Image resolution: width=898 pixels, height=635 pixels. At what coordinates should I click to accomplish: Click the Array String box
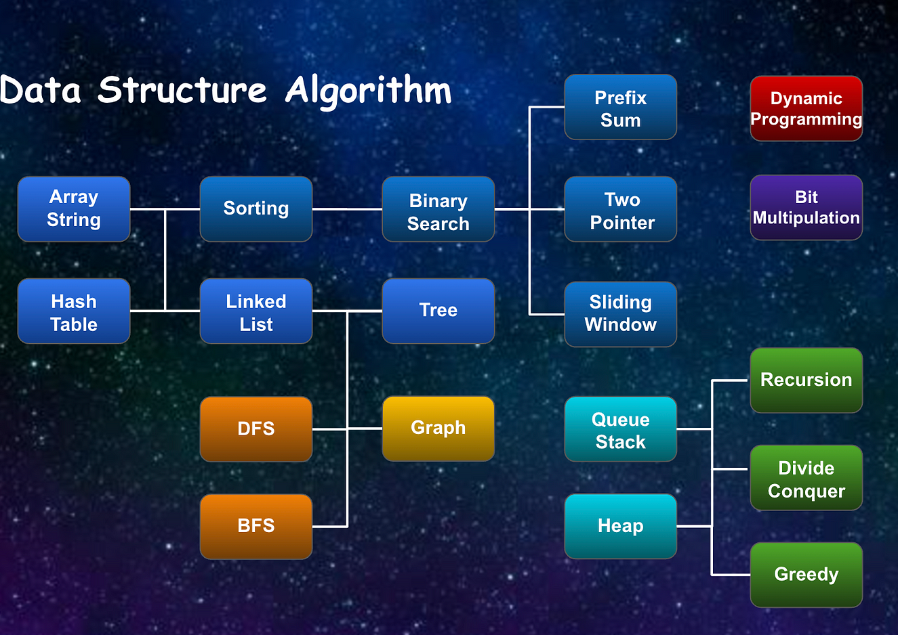click(x=74, y=209)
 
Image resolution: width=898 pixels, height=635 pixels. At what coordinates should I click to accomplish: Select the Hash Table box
click(x=74, y=311)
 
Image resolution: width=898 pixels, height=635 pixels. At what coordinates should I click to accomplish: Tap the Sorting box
click(x=256, y=209)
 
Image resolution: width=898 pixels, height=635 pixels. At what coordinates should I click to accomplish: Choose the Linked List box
click(x=256, y=311)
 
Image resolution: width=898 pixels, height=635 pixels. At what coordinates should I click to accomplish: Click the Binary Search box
click(x=438, y=209)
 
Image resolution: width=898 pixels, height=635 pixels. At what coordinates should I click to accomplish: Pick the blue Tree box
click(x=438, y=311)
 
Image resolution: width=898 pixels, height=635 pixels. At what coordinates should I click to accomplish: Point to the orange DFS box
click(x=256, y=429)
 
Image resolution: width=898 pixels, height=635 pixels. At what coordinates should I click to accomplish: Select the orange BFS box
click(x=256, y=526)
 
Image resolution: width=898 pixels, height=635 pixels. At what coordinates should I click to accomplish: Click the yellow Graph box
click(x=438, y=429)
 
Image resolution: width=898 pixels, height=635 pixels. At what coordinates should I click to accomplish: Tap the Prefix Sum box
click(x=621, y=108)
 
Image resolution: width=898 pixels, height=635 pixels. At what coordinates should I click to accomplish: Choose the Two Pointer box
click(x=621, y=209)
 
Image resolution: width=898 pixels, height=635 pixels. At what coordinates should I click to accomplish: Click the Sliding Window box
click(x=621, y=314)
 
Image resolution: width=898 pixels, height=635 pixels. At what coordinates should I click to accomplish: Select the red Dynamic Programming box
click(x=806, y=108)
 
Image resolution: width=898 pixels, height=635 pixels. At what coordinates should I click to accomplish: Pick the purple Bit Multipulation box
click(x=806, y=208)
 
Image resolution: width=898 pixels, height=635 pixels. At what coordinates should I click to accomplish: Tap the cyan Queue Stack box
click(x=621, y=429)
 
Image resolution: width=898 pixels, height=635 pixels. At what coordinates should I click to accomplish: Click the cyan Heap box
click(x=621, y=526)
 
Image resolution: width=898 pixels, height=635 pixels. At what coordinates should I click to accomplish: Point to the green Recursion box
click(x=806, y=380)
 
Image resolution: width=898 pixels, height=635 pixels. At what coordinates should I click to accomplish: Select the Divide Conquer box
click(x=806, y=478)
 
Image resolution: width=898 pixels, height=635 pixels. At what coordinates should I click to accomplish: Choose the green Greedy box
click(x=806, y=575)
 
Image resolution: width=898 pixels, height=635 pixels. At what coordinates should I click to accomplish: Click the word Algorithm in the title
click(x=368, y=91)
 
